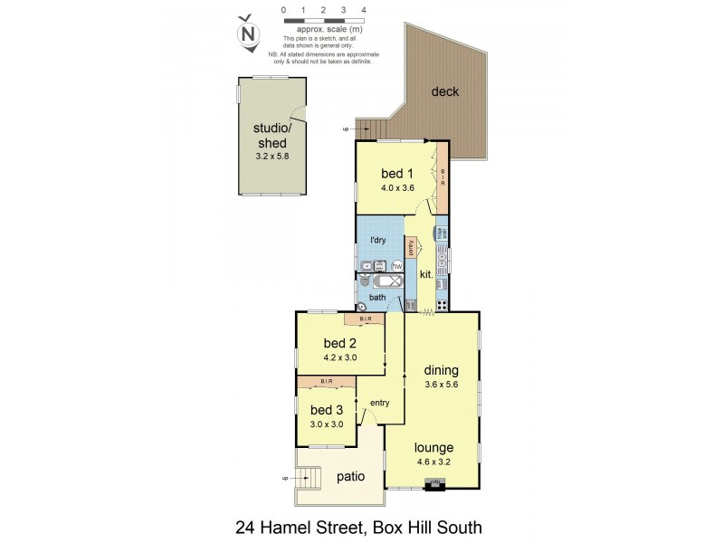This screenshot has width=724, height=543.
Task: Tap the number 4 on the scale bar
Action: click(363, 10)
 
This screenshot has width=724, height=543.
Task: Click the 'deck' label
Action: click(444, 91)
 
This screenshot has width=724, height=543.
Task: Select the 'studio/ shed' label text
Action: click(270, 135)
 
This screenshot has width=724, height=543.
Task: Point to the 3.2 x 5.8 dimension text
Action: click(270, 157)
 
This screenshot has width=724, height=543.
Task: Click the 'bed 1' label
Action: click(396, 174)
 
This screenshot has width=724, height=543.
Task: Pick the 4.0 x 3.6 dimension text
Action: click(396, 188)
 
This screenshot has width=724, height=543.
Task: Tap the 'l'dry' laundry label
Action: click(378, 240)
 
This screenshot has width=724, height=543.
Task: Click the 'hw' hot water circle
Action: click(396, 266)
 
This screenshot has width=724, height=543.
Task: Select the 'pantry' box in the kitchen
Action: click(410, 247)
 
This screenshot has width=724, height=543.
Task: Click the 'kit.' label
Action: click(425, 274)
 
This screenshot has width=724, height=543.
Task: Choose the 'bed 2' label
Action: click(340, 343)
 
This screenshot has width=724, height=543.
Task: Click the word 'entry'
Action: click(379, 403)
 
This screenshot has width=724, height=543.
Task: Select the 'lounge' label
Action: click(434, 447)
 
